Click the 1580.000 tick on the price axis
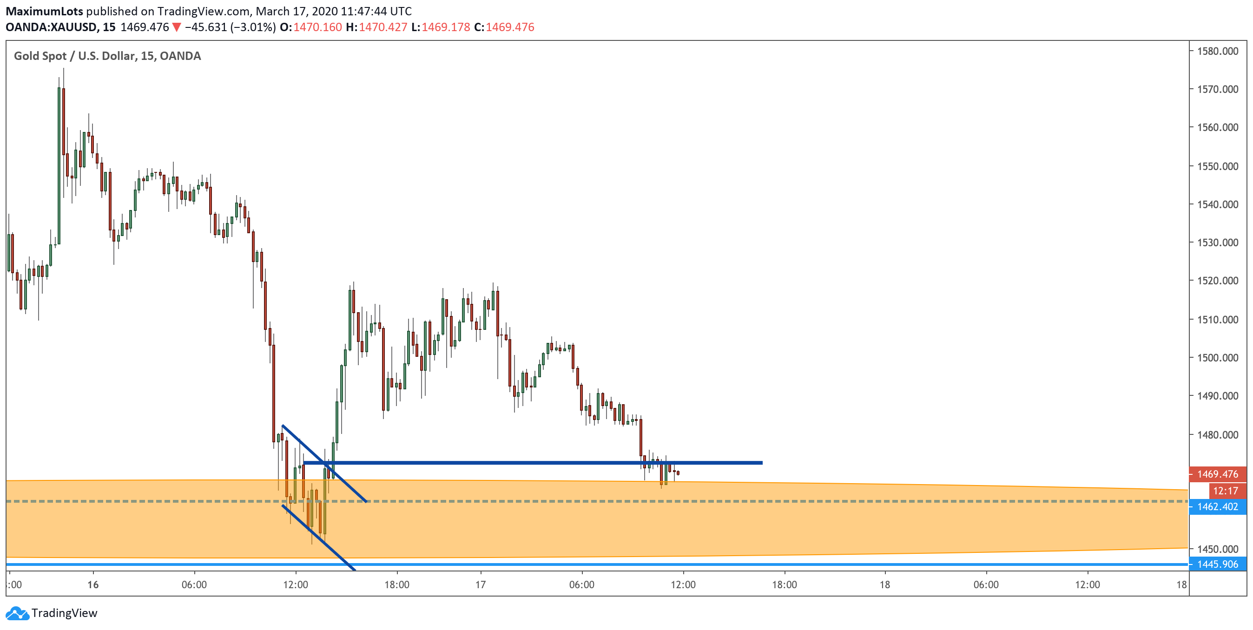[1217, 51]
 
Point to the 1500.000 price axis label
[1217, 358]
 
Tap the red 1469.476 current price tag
[1217, 474]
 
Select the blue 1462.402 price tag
[1217, 506]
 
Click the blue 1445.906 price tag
[1217, 564]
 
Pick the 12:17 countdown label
[1225, 491]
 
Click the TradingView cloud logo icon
[18, 613]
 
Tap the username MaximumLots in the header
[44, 11]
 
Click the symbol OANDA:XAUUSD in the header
[51, 27]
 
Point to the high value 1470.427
[383, 27]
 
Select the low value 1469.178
[446, 27]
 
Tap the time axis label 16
[93, 584]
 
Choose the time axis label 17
[481, 584]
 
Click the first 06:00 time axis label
[194, 584]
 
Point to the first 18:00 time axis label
[397, 584]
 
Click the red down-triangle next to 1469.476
[177, 27]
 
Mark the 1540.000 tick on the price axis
[1217, 204]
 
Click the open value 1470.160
[317, 27]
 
